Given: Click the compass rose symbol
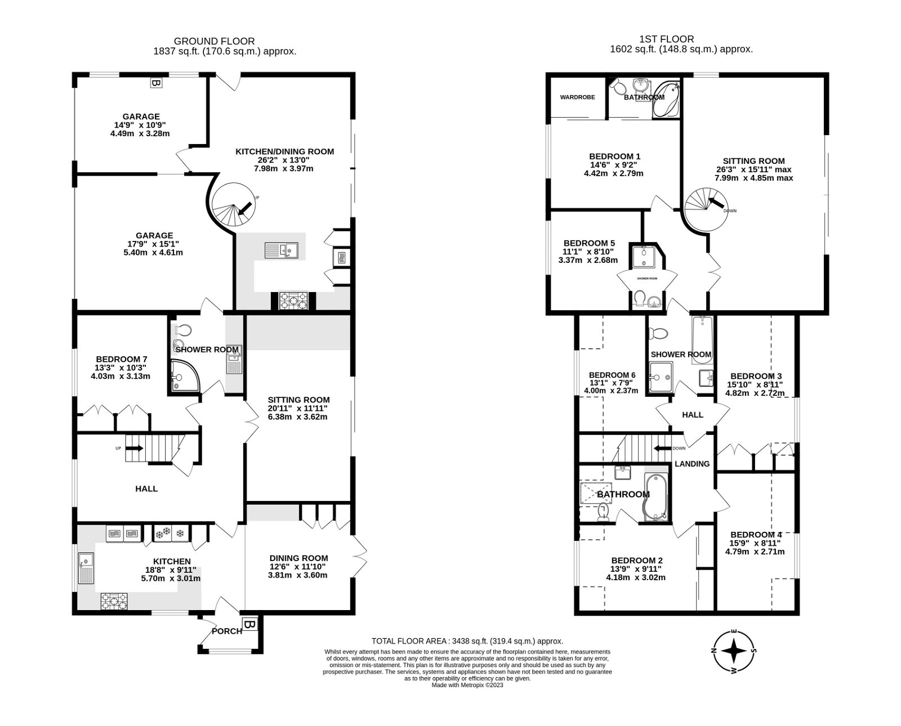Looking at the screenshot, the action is tap(734, 652).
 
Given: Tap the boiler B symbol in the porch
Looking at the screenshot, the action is tap(249, 624).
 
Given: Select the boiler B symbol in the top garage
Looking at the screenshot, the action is tap(155, 83).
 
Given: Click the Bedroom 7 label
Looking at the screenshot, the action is tap(122, 359).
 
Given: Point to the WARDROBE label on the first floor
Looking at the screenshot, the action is tap(577, 97).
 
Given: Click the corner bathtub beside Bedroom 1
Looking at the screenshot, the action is tap(667, 99).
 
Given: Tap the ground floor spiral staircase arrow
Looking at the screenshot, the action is tap(245, 209).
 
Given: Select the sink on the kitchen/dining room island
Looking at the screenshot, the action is tap(282, 249).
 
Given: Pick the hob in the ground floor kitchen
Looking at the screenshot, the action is tap(114, 601).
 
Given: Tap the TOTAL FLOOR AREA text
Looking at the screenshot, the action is tap(467, 641).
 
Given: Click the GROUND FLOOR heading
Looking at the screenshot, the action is tap(214, 41).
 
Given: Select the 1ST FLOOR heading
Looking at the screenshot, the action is tap(667, 39).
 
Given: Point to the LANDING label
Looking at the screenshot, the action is tap(692, 464).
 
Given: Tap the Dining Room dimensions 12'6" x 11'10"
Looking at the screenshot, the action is tap(298, 567).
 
